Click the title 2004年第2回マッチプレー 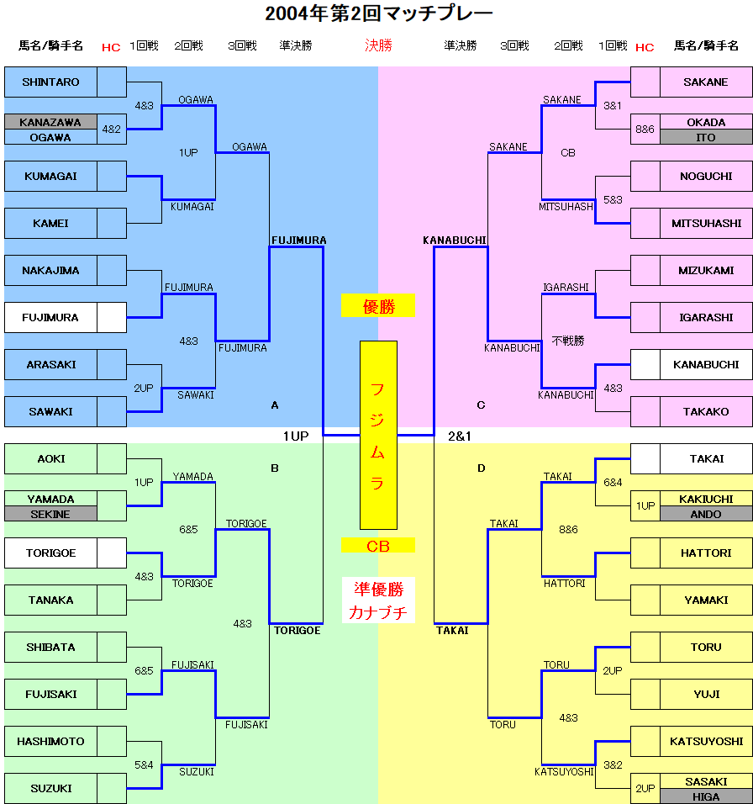[x=378, y=13]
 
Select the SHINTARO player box [x=50, y=82]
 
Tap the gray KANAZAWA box [x=50, y=122]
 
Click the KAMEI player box [x=50, y=224]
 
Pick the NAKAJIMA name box [x=50, y=271]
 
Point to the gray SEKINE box [x=50, y=514]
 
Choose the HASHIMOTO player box [x=50, y=742]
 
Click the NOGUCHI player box [x=706, y=177]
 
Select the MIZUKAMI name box [x=706, y=271]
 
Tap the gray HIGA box [x=706, y=796]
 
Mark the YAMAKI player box [x=706, y=600]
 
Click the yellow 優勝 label [x=378, y=307]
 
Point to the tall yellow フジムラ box [x=378, y=435]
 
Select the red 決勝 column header [x=378, y=45]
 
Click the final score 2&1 [x=460, y=436]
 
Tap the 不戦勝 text [x=568, y=341]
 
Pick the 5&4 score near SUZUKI [x=144, y=765]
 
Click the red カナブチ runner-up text [x=378, y=613]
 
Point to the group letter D [x=482, y=468]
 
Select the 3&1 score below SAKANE [x=613, y=106]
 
